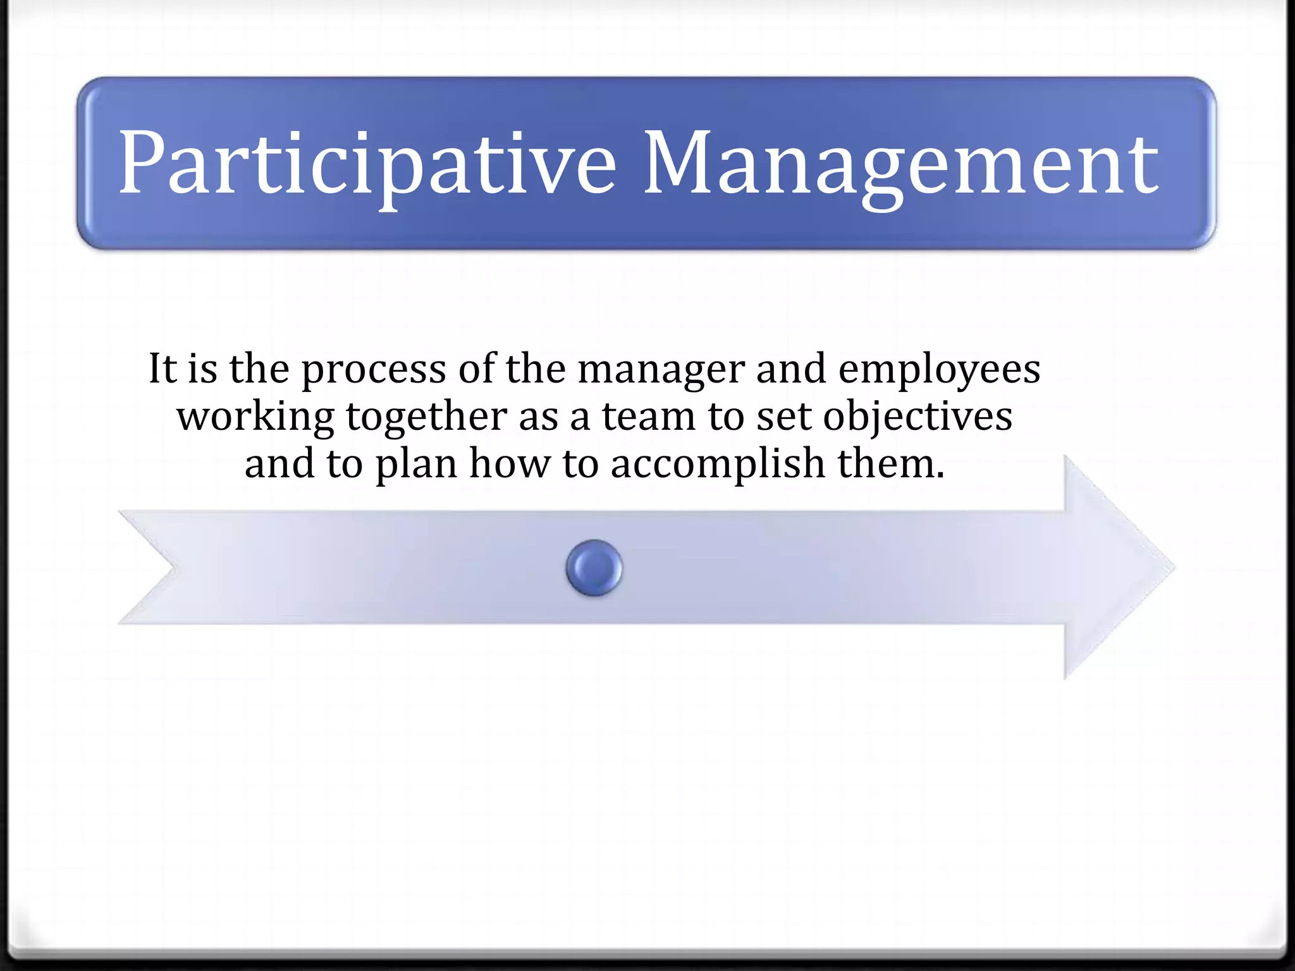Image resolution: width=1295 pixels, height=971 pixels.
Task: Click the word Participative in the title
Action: (x=367, y=163)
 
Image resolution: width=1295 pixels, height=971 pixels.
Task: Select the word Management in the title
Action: (x=901, y=163)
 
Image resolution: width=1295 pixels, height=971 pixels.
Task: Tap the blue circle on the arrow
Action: (x=594, y=568)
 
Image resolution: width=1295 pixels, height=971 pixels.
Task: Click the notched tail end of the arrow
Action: (x=152, y=567)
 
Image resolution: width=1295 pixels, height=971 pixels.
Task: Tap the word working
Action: (x=255, y=417)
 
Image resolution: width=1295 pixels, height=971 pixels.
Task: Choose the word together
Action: (x=427, y=417)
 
